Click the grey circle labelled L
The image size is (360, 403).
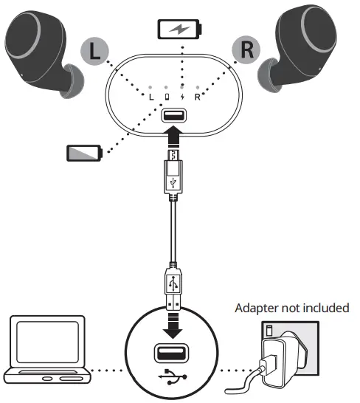pos(94,52)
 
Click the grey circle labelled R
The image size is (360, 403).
pos(246,49)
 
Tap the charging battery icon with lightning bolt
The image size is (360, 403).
pos(179,30)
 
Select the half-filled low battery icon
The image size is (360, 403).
pos(85,154)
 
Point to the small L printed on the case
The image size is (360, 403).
pos(151,97)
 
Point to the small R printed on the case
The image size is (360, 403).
pos(198,97)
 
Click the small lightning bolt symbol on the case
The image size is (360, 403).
pos(182,97)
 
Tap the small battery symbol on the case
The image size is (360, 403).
pos(167,97)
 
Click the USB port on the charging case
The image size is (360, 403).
pos(173,115)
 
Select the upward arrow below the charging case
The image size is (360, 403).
pos(173,136)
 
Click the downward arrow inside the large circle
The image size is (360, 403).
pos(173,325)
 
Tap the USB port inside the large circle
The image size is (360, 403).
pos(171,353)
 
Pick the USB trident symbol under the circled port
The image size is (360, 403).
pos(173,376)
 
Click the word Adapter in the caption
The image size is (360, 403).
pos(257,309)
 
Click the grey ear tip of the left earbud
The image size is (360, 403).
pos(73,81)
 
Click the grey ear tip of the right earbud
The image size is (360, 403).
pos(266,75)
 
